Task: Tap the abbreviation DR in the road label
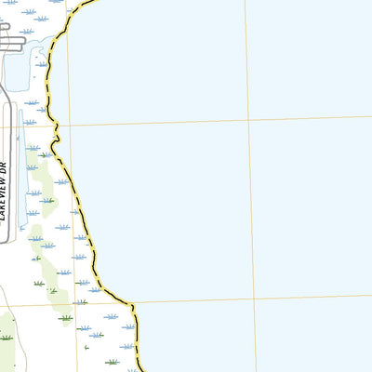click(x=5, y=167)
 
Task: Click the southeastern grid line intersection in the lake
click(x=254, y=299)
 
